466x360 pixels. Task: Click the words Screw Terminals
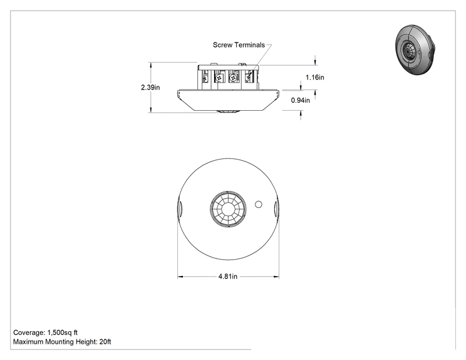tap(239, 45)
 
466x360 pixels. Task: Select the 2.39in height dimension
tap(150, 87)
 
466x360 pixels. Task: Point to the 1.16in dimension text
tap(315, 78)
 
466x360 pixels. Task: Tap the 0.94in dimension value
tap(300, 100)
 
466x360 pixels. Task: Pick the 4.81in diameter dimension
tap(228, 277)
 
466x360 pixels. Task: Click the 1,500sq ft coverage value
tap(63, 332)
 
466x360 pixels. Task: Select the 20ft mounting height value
tap(105, 342)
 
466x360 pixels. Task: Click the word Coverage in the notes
tap(29, 332)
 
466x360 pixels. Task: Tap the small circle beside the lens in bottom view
tap(259, 204)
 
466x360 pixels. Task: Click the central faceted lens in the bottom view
tap(228, 208)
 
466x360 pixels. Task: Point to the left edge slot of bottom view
tap(180, 209)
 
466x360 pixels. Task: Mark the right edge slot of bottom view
tap(276, 209)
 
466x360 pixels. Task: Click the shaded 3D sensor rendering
tap(415, 49)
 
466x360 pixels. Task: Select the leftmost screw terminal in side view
tap(205, 79)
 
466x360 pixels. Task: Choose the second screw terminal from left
tap(220, 78)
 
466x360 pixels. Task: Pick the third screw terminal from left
tap(233, 78)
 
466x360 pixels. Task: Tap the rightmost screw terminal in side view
tap(249, 77)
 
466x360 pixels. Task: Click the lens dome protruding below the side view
tap(228, 111)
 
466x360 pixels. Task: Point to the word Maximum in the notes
tap(28, 342)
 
